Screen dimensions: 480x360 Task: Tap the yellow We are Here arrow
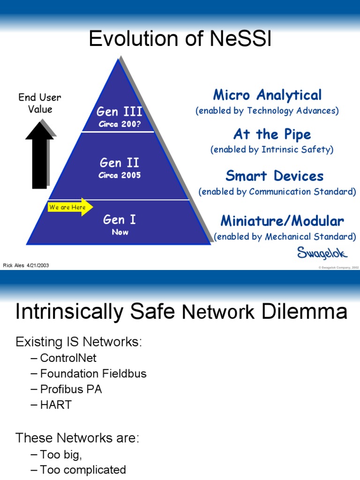click(70, 207)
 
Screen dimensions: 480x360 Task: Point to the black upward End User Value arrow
click(39, 155)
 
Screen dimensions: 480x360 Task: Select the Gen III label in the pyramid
click(119, 112)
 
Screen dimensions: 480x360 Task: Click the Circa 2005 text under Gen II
click(120, 175)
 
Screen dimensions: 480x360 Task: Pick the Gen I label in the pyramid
click(120, 219)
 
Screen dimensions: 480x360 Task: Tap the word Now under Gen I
click(120, 232)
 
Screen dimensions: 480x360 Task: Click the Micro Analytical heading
click(267, 95)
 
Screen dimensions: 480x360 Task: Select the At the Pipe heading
click(272, 135)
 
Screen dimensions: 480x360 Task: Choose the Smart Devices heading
click(274, 176)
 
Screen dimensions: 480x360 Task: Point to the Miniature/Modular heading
click(282, 221)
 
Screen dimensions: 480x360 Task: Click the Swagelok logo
click(322, 253)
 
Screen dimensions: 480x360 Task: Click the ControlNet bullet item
click(68, 358)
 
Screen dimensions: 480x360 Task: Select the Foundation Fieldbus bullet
click(93, 374)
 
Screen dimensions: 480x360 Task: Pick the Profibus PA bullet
click(71, 389)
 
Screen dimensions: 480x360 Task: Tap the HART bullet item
click(56, 405)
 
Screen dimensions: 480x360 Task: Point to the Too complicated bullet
click(82, 469)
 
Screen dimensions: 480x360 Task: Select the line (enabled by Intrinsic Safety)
click(272, 150)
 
